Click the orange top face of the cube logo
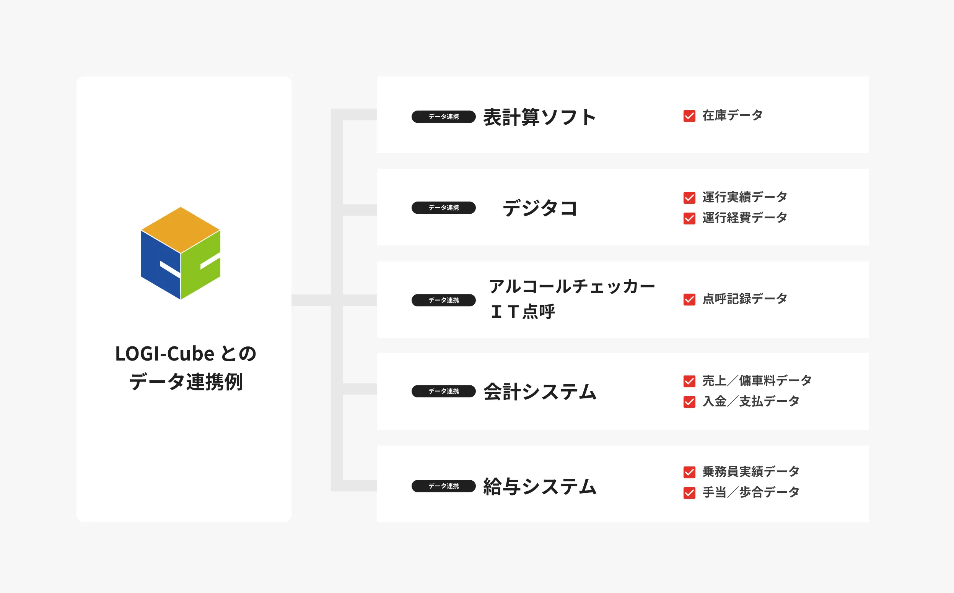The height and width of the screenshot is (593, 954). click(x=181, y=229)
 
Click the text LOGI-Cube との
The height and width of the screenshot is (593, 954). click(x=186, y=354)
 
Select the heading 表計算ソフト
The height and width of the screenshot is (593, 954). click(x=540, y=117)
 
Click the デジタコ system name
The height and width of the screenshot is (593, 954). click(x=540, y=208)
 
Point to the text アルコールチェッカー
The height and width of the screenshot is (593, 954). click(x=572, y=286)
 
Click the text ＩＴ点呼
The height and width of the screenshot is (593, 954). click(x=523, y=312)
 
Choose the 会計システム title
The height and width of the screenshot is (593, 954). click(x=540, y=392)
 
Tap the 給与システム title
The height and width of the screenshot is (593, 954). click(x=540, y=487)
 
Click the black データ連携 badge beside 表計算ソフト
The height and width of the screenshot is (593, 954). click(x=444, y=117)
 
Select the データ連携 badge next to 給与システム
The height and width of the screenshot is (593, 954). click(x=444, y=486)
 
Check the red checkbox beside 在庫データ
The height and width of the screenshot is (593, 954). click(x=689, y=116)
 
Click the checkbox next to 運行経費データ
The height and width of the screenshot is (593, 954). click(x=689, y=218)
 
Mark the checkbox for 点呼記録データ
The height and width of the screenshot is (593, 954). click(x=689, y=300)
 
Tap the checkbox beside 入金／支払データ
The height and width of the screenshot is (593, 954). click(x=689, y=402)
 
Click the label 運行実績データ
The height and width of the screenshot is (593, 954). click(x=744, y=197)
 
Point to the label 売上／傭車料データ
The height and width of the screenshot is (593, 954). click(x=757, y=380)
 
